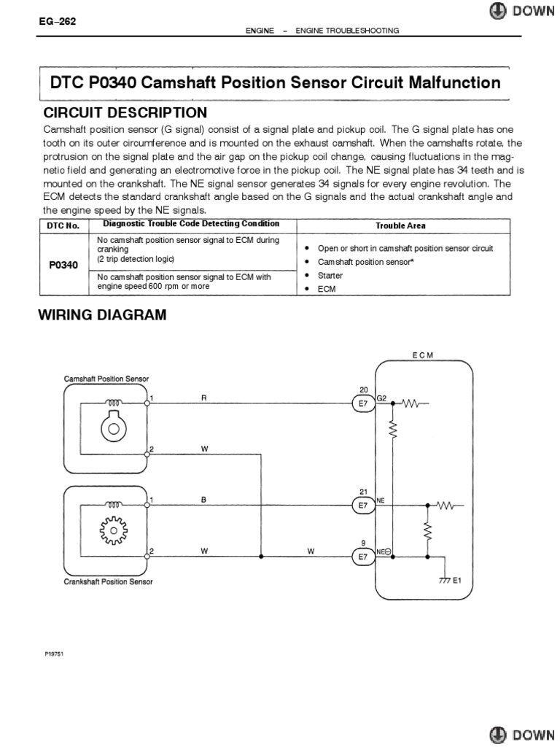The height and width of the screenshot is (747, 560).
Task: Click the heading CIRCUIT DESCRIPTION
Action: click(125, 113)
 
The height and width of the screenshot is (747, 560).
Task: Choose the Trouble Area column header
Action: click(400, 226)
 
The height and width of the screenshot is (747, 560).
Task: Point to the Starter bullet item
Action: click(330, 275)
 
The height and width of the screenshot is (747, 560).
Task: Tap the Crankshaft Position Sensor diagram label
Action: click(107, 582)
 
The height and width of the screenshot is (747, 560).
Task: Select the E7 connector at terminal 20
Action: click(363, 402)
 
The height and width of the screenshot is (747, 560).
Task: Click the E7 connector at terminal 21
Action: click(363, 504)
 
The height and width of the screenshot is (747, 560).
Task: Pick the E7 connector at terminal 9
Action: click(363, 557)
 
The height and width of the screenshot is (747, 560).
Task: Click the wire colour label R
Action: click(204, 398)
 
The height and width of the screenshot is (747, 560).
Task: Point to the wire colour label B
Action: click(204, 500)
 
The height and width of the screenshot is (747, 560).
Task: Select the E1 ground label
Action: click(457, 581)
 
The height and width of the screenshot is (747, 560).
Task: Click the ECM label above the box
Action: click(422, 355)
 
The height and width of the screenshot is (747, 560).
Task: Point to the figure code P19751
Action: click(55, 654)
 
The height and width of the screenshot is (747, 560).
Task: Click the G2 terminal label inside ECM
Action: click(383, 398)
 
